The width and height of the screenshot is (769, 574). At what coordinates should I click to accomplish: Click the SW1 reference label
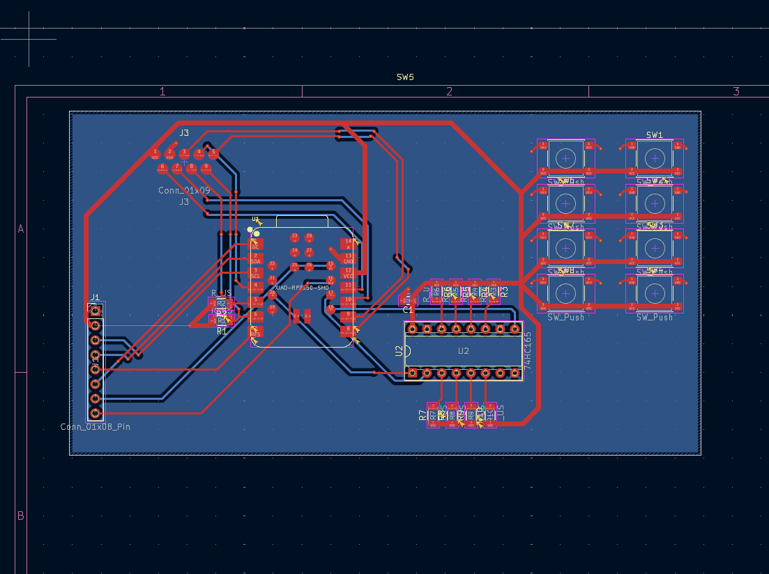(x=654, y=135)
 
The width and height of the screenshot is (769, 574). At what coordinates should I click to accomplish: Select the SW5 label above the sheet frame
(x=405, y=77)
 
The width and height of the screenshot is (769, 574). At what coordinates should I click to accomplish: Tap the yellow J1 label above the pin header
(x=95, y=297)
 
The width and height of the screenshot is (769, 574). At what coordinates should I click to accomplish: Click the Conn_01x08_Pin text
(x=95, y=426)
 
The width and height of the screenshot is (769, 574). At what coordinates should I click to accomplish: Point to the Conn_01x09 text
(x=184, y=190)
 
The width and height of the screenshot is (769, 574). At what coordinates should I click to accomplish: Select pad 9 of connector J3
(x=206, y=168)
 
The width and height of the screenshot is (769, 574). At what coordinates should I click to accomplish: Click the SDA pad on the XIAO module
(x=256, y=258)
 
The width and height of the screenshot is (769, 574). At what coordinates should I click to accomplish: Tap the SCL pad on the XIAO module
(x=256, y=273)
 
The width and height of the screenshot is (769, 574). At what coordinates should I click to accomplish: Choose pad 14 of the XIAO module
(x=349, y=243)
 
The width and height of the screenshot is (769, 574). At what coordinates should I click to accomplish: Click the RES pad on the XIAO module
(x=256, y=332)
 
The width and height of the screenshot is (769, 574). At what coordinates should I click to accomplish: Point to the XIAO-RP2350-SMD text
(x=302, y=287)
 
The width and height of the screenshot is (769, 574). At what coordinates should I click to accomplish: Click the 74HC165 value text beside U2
(x=528, y=351)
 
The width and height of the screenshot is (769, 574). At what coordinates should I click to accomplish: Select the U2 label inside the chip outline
(x=464, y=351)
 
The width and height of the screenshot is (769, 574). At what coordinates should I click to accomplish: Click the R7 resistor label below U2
(x=422, y=415)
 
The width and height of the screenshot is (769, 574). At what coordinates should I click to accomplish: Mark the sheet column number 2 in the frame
(x=449, y=91)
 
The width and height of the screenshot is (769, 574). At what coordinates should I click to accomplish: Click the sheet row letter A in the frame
(x=20, y=228)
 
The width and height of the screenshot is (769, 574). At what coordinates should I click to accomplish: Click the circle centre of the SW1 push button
(x=654, y=158)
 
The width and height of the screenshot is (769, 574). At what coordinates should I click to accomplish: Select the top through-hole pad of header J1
(x=96, y=310)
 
